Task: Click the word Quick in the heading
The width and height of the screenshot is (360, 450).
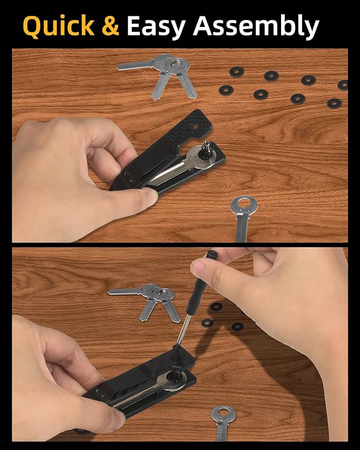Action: (58, 26)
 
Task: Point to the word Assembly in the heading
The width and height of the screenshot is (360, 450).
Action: (256, 27)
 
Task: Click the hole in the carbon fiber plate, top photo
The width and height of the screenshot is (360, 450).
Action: (195, 126)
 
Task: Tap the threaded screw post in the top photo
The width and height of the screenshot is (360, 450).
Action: (206, 148)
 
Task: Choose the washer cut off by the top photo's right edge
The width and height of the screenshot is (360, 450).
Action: (343, 85)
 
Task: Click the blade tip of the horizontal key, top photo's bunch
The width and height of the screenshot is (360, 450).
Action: (119, 68)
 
